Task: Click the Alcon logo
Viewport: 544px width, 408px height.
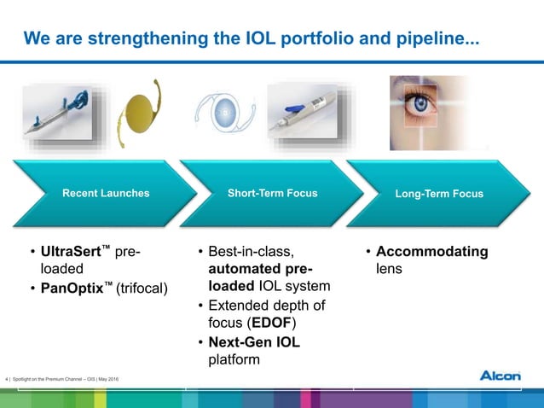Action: pyautogui.click(x=506, y=376)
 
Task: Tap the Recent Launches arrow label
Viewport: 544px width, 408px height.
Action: pyautogui.click(x=106, y=194)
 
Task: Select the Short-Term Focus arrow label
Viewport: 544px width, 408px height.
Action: pyautogui.click(x=272, y=194)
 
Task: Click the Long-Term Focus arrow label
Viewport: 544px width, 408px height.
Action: pyautogui.click(x=439, y=194)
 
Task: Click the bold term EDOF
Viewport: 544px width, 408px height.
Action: pyautogui.click(x=272, y=323)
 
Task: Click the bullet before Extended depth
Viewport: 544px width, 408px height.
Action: pyautogui.click(x=200, y=306)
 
